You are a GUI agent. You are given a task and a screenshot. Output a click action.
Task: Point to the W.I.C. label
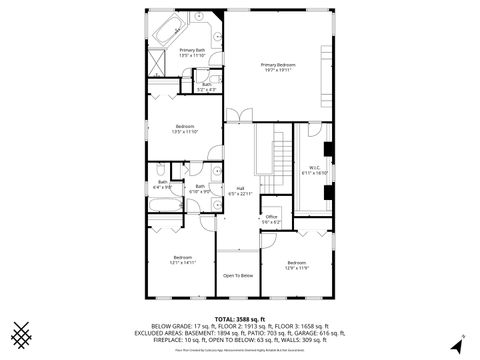(x=314, y=170)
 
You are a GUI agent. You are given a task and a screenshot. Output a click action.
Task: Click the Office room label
(x=270, y=218)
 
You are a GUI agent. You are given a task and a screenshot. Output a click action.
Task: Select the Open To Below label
(x=238, y=275)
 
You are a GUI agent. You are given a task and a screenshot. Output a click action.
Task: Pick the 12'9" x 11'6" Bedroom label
(x=297, y=265)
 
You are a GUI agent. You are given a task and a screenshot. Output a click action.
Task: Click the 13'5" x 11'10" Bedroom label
(x=185, y=129)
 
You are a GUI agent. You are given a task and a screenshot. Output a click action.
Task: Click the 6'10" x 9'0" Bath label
(x=200, y=189)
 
